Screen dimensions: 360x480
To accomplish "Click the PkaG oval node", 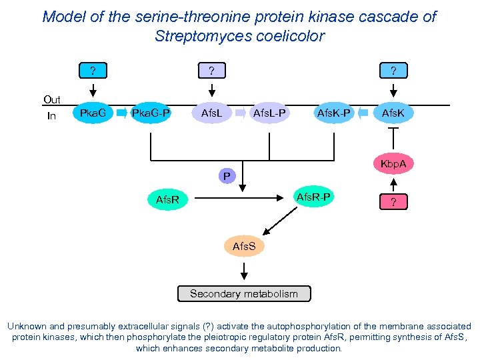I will [93, 113].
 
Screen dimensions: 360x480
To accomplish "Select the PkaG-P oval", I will [151, 113].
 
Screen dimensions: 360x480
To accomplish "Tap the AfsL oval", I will [211, 113].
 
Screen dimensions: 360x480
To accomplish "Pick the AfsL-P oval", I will [269, 113].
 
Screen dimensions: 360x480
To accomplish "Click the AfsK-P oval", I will [335, 113].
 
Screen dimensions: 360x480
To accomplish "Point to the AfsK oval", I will [393, 113].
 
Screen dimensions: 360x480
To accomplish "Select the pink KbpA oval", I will [393, 163].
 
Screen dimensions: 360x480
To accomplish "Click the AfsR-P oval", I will [313, 196].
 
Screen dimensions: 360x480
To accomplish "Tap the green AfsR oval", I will [167, 199].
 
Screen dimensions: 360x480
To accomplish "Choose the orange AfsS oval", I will [243, 247].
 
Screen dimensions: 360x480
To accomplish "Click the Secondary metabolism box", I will [243, 293].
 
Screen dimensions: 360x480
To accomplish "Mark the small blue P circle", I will [227, 177].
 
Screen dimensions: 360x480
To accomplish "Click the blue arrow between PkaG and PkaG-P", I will [121, 113].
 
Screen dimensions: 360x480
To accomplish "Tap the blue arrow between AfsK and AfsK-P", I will [364, 113].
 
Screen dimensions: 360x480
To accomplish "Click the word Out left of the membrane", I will [51, 100].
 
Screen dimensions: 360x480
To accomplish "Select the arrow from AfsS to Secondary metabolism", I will [243, 270].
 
